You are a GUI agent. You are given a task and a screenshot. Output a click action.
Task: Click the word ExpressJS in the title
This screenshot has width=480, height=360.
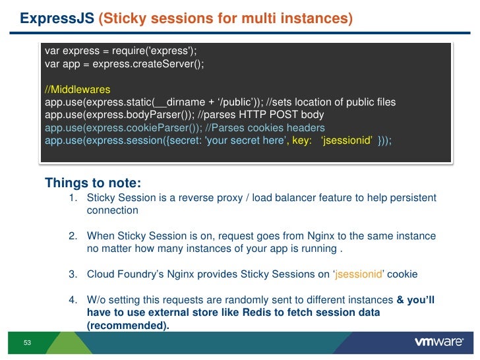[57, 18]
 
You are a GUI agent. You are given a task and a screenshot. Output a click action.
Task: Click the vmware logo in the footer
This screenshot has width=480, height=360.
[439, 342]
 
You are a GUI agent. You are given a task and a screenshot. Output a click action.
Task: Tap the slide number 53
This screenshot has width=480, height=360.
[27, 343]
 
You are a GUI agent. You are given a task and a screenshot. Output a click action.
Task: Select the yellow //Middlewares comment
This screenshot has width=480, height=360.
[77, 90]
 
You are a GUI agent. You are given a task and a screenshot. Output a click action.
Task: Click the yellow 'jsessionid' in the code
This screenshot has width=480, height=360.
[347, 140]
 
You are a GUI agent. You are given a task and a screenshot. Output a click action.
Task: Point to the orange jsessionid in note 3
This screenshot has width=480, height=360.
[359, 274]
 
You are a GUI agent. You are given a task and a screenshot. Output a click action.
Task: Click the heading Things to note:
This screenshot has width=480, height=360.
[93, 183]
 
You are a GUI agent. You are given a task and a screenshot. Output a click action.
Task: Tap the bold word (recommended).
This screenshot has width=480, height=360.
[128, 325]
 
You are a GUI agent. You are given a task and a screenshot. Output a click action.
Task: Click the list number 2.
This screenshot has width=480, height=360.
[73, 236]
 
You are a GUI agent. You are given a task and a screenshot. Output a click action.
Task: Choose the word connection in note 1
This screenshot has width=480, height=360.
[112, 210]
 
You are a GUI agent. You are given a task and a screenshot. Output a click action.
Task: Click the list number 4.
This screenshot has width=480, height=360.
[73, 300]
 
